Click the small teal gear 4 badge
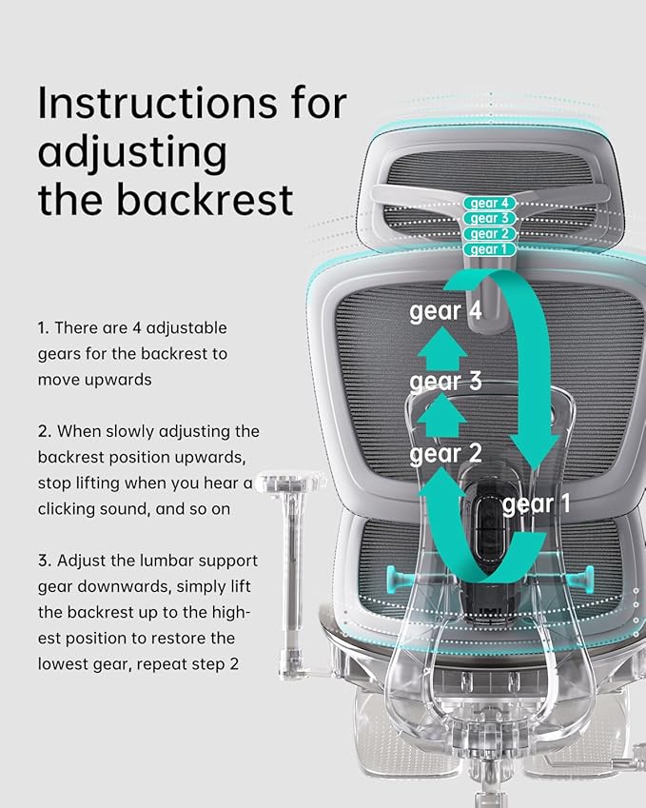click(x=489, y=203)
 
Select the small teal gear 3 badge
click(x=489, y=219)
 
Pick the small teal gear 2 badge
click(x=489, y=234)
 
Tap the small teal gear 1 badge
click(x=489, y=249)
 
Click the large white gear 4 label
click(x=445, y=312)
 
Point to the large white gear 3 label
click(x=445, y=382)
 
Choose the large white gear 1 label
click(x=537, y=504)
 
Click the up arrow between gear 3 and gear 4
click(x=442, y=349)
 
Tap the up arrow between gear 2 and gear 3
click(x=442, y=416)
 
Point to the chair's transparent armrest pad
click(x=292, y=482)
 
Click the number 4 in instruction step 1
click(x=136, y=328)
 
